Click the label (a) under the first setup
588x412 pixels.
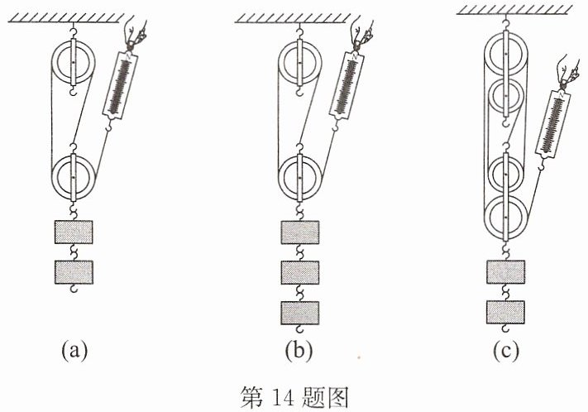[x=74, y=350]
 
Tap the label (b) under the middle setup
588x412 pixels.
[x=299, y=350]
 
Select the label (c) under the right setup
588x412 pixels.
[x=506, y=350]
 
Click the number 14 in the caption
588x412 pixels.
[x=282, y=397]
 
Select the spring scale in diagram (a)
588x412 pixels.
[x=121, y=85]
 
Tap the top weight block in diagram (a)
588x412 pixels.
[x=74, y=232]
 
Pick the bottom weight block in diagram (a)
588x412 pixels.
[x=74, y=272]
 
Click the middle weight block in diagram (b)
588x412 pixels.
[x=300, y=272]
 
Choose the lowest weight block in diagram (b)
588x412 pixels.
[x=300, y=313]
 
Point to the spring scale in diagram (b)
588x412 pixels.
[x=347, y=85]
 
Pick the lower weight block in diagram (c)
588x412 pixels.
[x=505, y=312]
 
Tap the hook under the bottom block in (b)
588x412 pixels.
[x=300, y=329]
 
